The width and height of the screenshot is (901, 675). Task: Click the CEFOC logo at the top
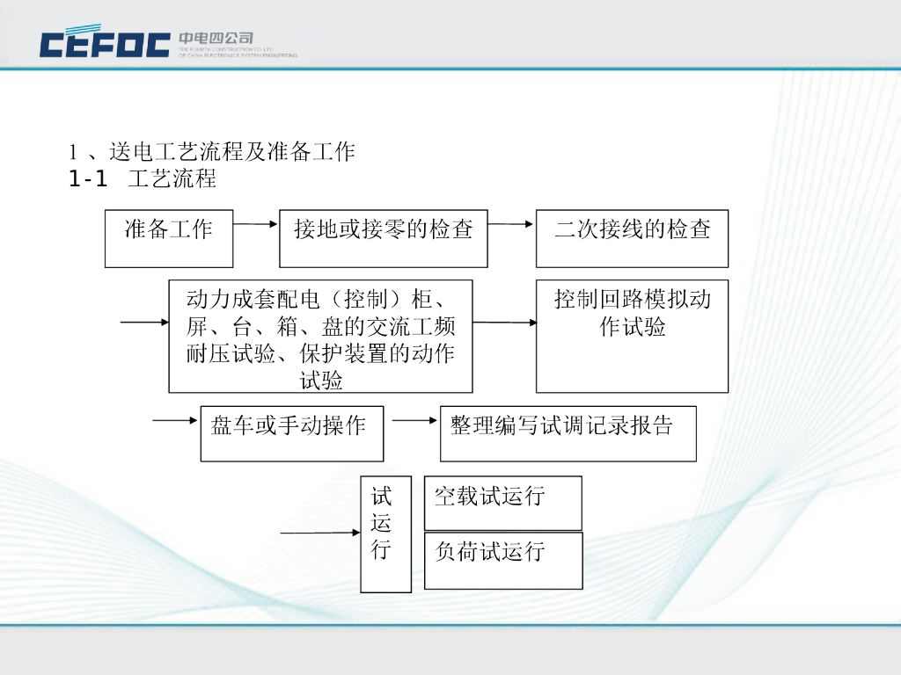[105, 43]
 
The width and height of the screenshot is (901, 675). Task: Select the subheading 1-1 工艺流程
[143, 180]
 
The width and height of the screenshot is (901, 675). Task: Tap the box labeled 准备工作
[169, 238]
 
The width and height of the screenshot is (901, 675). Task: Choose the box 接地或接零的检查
[383, 238]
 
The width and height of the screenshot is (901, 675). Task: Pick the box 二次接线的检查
[632, 238]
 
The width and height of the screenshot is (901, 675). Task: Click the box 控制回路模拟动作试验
[632, 336]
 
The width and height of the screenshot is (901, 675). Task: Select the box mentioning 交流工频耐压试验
[320, 336]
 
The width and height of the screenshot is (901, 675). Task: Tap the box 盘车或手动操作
[291, 433]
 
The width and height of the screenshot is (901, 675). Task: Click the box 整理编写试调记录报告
[568, 433]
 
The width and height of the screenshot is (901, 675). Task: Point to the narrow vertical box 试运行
[385, 533]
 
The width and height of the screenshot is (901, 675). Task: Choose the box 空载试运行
[502, 503]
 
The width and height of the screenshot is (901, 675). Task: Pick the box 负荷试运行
[502, 559]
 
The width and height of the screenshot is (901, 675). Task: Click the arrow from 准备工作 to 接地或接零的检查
[256, 224]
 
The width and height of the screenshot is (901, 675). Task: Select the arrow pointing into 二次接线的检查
[511, 224]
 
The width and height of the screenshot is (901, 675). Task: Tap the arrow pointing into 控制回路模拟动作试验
[504, 323]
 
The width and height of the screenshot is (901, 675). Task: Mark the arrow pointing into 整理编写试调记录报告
[414, 421]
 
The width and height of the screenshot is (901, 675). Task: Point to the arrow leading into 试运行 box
[319, 533]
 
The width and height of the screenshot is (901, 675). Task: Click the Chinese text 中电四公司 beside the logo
[216, 38]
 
